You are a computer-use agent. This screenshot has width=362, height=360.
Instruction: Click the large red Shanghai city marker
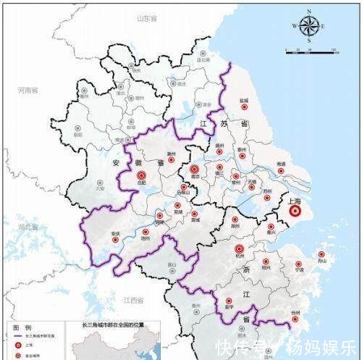pyautogui.click(x=294, y=212)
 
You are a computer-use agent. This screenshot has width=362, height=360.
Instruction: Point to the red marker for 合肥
pyautogui.click(x=140, y=175)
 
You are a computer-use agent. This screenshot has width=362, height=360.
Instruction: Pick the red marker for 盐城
pyautogui.click(x=244, y=107)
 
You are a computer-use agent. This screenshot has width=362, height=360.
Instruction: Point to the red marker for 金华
pyautogui.click(x=228, y=298)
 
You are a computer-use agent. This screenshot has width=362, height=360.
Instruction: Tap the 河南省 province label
pyautogui.click(x=30, y=90)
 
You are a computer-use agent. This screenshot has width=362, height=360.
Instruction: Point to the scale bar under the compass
pyautogui.click(x=312, y=50)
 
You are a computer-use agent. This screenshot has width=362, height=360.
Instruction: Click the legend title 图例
pyautogui.click(x=22, y=327)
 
